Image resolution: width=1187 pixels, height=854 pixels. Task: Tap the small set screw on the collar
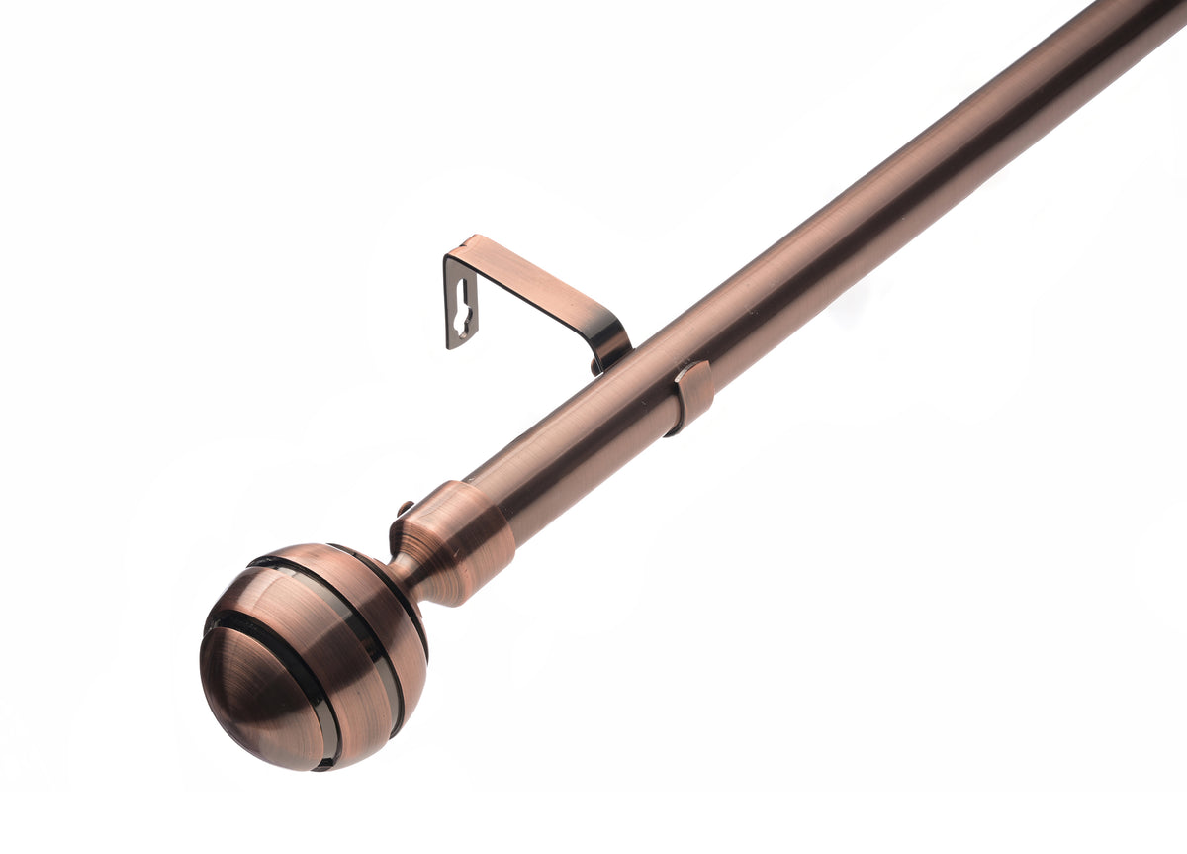click(x=405, y=510)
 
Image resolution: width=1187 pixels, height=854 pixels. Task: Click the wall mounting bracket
click(x=534, y=297)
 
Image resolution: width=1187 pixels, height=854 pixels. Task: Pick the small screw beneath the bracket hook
click(x=596, y=367)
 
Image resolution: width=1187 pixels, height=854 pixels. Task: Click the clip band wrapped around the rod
click(x=693, y=396)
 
